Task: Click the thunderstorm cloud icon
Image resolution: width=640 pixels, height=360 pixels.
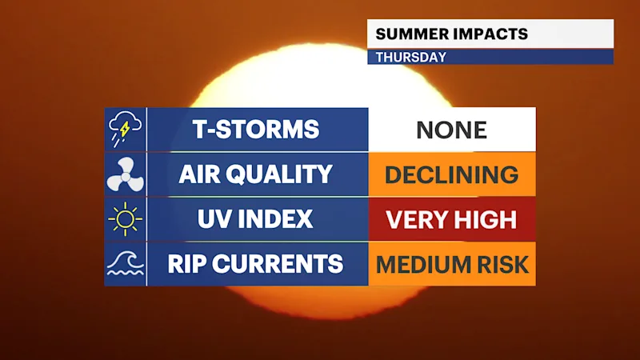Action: click(125, 129)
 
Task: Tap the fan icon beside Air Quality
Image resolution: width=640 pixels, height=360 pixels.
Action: click(125, 174)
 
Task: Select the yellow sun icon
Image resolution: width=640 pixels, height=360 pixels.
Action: click(125, 219)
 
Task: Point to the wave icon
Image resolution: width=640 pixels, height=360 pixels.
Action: click(125, 264)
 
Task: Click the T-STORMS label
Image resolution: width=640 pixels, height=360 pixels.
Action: click(256, 130)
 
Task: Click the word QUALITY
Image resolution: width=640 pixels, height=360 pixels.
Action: click(279, 174)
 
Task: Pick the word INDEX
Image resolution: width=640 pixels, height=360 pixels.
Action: click(275, 219)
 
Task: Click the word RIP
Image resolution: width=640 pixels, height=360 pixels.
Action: click(186, 264)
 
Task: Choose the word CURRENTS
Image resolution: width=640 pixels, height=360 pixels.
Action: click(278, 264)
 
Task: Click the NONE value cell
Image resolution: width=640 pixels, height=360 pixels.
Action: click(452, 130)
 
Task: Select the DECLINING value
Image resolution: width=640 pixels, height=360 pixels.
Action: click(452, 175)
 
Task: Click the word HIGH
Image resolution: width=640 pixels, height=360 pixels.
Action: click(486, 219)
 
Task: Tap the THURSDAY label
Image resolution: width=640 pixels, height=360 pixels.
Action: click(411, 57)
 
